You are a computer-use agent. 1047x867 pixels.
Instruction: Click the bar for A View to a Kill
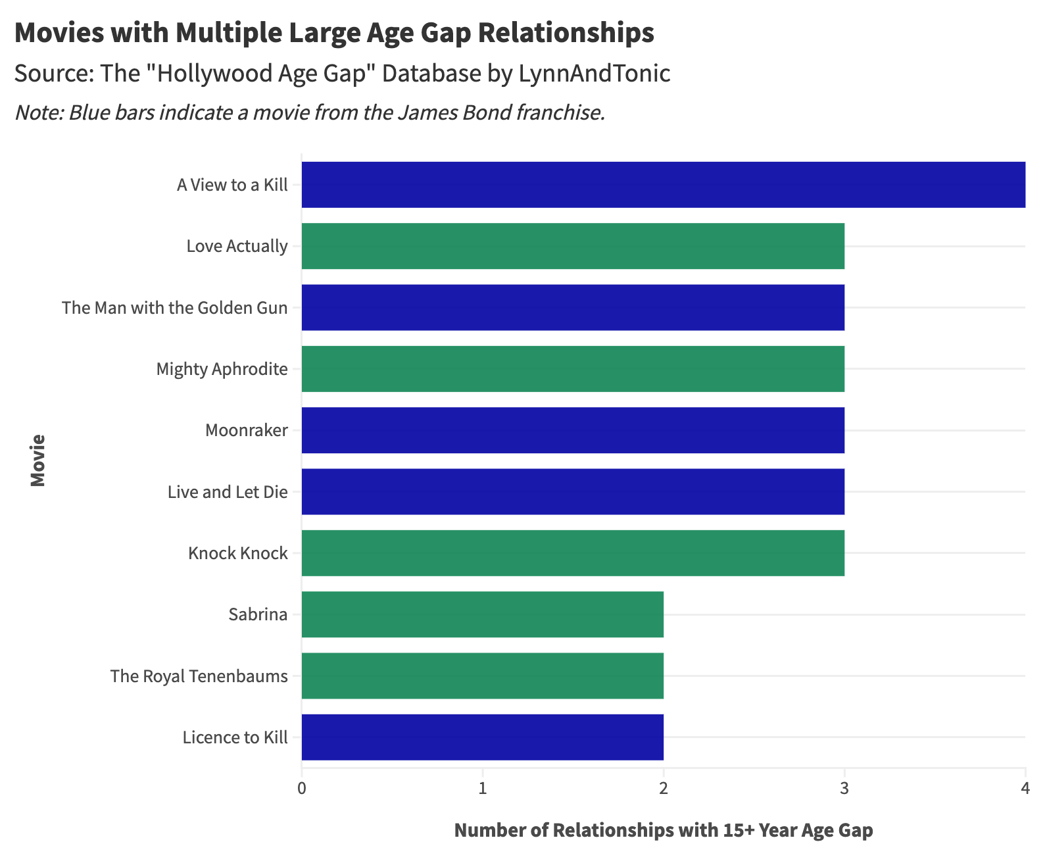click(663, 185)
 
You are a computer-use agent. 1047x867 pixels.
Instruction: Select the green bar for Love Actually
click(573, 246)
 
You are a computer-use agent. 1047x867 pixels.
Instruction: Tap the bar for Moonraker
click(573, 430)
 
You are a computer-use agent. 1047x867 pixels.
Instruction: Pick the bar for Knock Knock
click(573, 553)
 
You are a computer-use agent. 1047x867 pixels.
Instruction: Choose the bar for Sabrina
click(482, 614)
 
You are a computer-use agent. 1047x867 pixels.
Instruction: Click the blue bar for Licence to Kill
click(482, 737)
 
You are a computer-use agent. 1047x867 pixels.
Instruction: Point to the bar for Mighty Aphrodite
click(573, 369)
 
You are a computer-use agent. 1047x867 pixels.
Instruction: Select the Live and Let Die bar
click(573, 492)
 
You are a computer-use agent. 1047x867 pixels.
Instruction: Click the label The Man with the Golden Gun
click(174, 308)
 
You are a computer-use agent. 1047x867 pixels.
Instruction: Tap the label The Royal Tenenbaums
click(199, 676)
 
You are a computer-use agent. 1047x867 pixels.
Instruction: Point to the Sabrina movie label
click(258, 615)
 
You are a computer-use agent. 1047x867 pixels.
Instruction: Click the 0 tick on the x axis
click(302, 788)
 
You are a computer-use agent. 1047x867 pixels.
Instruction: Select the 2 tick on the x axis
click(664, 788)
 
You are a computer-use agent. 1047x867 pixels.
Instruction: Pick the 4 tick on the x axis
click(1025, 788)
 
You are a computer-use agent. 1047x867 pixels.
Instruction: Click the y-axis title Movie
click(38, 460)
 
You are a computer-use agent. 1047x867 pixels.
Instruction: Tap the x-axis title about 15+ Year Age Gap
click(663, 830)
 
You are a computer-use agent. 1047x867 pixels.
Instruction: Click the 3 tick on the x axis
click(844, 788)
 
